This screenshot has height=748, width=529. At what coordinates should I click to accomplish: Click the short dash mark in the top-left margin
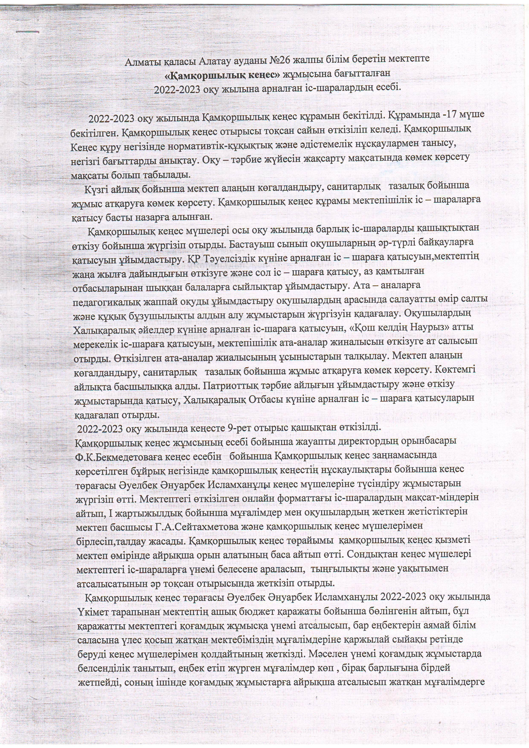(27, 32)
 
